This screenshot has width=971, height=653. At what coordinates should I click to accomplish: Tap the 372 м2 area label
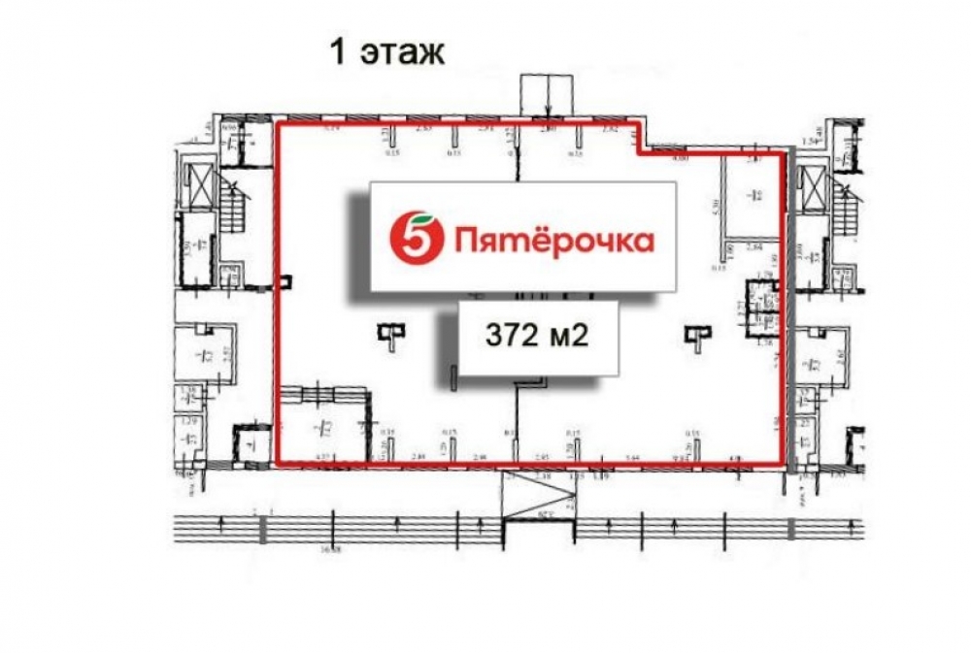tap(538, 336)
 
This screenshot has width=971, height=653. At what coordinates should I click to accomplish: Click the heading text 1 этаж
tap(387, 51)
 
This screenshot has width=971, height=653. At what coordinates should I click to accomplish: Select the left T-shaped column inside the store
tap(388, 335)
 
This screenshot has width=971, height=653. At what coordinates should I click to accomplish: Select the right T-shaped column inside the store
tap(696, 335)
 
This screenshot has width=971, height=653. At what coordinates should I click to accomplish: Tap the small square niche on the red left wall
tap(284, 281)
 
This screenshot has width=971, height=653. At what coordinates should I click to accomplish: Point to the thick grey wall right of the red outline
tap(789, 320)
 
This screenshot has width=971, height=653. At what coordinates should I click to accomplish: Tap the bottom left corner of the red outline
tap(275, 464)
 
